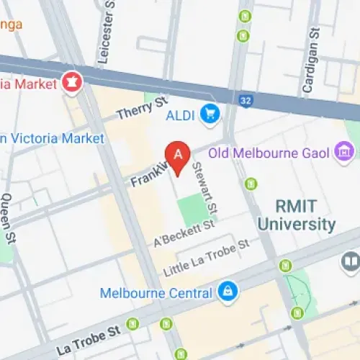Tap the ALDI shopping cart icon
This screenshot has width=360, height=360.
(x=211, y=113)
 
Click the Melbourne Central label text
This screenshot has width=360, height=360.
(x=156, y=293)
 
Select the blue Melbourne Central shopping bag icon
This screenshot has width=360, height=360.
(x=228, y=292)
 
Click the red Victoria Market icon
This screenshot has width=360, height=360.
(x=72, y=81)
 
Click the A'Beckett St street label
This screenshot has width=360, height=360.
(x=184, y=233)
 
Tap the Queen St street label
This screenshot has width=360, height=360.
(x=6, y=216)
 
